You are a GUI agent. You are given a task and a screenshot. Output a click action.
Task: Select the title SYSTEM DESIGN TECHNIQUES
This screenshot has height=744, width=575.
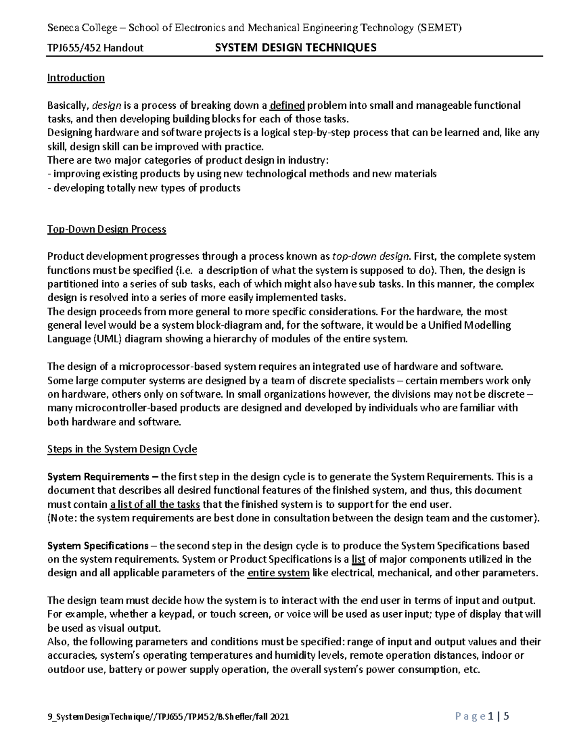click(296, 47)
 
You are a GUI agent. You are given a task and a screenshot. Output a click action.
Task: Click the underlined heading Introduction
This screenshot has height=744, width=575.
click(76, 78)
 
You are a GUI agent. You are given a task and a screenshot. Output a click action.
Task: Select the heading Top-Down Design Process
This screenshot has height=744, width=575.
click(106, 229)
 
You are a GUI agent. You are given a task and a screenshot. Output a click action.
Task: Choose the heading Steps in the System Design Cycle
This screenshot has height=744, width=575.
click(122, 449)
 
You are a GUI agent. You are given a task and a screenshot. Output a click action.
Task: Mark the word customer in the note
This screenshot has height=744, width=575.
click(512, 518)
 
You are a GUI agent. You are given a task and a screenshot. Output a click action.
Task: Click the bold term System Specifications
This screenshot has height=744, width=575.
click(98, 546)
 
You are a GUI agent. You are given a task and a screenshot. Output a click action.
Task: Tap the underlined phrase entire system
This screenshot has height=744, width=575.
click(278, 573)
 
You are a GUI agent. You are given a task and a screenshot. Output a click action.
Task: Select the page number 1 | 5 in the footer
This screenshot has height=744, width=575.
click(498, 717)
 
